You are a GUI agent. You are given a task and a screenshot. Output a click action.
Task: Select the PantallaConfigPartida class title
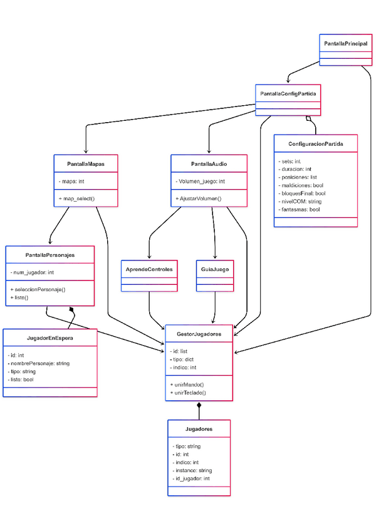coord(288,94)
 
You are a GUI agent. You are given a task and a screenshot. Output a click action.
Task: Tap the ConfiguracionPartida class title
coord(316,144)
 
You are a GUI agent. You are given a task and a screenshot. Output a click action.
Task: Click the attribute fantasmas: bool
coord(299,210)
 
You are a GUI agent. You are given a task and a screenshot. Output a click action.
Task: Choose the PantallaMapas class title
coord(86,164)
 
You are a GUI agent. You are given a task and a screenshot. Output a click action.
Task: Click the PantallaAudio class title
coord(209,164)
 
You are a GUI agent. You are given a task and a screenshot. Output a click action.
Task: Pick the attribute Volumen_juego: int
coord(201,182)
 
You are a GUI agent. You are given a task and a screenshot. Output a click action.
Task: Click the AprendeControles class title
coord(149,269)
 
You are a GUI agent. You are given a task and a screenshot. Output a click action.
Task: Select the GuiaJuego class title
coord(216,269)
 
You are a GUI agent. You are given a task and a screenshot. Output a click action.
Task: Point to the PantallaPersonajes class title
coord(50,255)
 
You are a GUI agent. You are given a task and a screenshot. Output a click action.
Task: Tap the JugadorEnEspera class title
coord(50,339)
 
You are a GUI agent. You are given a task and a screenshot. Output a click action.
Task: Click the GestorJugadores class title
coord(199,334)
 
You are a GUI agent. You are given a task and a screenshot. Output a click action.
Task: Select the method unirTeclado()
coord(188,393)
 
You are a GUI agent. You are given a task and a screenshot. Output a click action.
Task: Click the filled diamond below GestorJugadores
coord(199,406)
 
